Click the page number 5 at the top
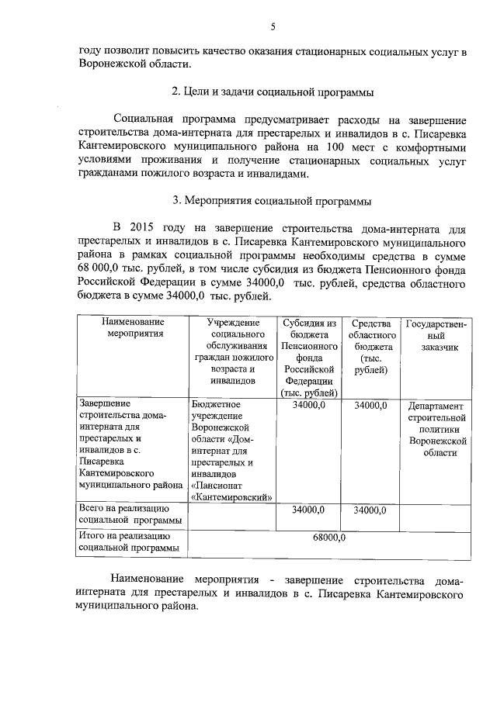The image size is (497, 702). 273,28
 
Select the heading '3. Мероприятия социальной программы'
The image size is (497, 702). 273,201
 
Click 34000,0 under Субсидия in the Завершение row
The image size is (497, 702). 308,405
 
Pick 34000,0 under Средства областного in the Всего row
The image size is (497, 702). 370,510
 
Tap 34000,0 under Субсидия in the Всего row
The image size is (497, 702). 308,510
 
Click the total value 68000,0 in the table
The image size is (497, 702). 328,537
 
